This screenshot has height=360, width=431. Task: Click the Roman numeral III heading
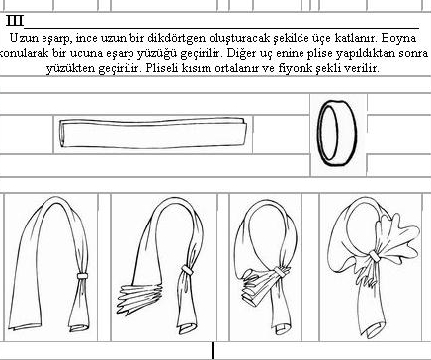(15, 21)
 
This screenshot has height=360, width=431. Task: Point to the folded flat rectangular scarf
(153, 134)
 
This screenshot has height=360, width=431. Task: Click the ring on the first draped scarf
(82, 276)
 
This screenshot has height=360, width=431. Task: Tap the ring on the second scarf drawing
(187, 270)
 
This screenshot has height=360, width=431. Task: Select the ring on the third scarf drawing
(282, 272)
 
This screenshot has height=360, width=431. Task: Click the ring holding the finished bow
(374, 256)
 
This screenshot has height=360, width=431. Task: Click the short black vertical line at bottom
(213, 351)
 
